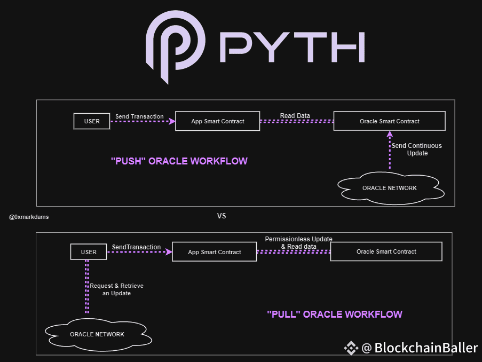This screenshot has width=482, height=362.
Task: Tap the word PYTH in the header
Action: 291,47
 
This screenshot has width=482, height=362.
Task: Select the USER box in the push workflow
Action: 92,121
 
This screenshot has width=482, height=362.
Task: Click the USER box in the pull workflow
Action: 89,252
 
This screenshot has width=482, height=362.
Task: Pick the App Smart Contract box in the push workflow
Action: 218,121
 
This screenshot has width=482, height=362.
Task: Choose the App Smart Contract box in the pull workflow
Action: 215,252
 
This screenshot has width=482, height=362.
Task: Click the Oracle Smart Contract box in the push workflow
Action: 390,121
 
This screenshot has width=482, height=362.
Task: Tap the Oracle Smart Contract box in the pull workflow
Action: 386,251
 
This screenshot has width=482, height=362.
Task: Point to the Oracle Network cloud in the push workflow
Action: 390,188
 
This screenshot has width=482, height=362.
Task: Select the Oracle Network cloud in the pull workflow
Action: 97,334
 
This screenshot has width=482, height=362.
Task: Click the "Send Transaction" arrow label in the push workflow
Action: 140,116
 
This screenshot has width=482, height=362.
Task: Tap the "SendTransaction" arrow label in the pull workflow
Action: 136,247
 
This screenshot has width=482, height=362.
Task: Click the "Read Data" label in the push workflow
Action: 295,116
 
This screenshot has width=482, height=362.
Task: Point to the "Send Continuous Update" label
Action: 417,149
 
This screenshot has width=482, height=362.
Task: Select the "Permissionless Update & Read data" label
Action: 298,242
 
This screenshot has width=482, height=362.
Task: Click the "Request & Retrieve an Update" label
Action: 116,289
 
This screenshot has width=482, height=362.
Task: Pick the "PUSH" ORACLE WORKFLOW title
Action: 179,161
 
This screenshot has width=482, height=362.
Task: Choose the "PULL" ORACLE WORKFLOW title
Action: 334,314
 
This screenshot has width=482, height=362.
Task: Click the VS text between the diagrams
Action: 222,216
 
